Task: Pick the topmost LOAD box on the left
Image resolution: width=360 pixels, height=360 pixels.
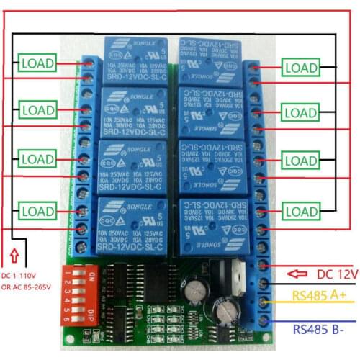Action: (x=36, y=63)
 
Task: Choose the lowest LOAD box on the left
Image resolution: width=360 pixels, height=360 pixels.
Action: (x=36, y=212)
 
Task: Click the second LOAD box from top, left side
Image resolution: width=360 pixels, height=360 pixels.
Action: (x=36, y=111)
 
